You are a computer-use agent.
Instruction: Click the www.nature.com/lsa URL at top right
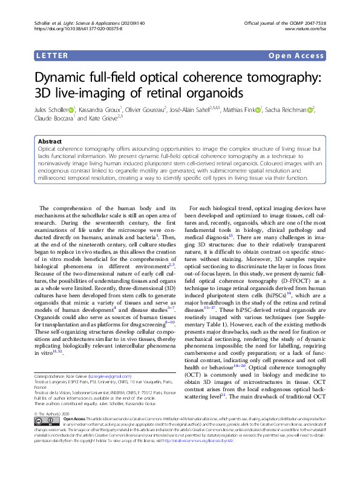click(x=307, y=28)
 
